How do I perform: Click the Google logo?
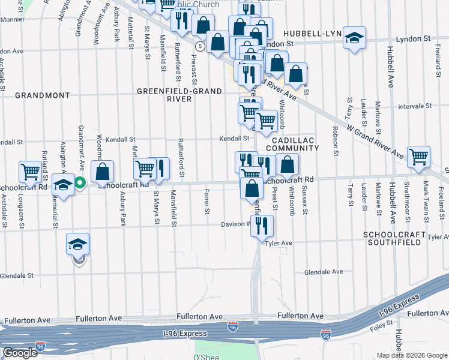(x=20, y=353)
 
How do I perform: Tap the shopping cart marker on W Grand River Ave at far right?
(x=418, y=157)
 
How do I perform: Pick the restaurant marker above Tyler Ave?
(x=261, y=225)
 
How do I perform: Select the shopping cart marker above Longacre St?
(x=30, y=172)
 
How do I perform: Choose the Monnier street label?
(x=12, y=19)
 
